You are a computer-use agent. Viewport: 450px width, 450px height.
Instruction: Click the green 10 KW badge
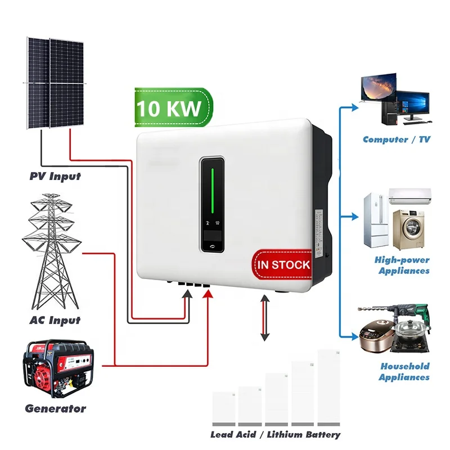(x=169, y=107)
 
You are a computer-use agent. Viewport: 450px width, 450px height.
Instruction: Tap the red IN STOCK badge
(x=283, y=264)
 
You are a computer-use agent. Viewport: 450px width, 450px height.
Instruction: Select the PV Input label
(x=55, y=176)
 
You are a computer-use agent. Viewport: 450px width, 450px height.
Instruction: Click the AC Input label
(x=55, y=320)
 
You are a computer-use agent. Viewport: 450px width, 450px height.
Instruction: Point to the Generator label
(x=55, y=408)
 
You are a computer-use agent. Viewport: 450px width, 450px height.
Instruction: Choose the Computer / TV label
(x=396, y=139)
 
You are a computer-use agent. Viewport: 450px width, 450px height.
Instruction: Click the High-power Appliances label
(x=402, y=265)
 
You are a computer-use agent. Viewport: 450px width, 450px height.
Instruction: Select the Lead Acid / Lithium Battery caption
(x=275, y=434)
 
